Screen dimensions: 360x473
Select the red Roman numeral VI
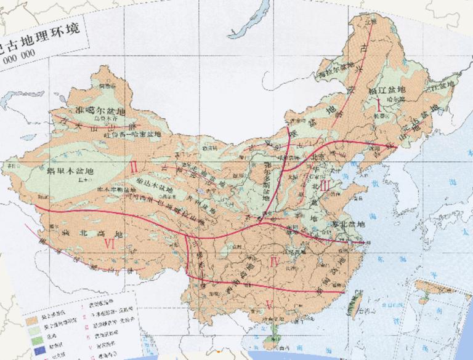point(111,244)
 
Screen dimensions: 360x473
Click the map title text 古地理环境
point(43,44)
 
